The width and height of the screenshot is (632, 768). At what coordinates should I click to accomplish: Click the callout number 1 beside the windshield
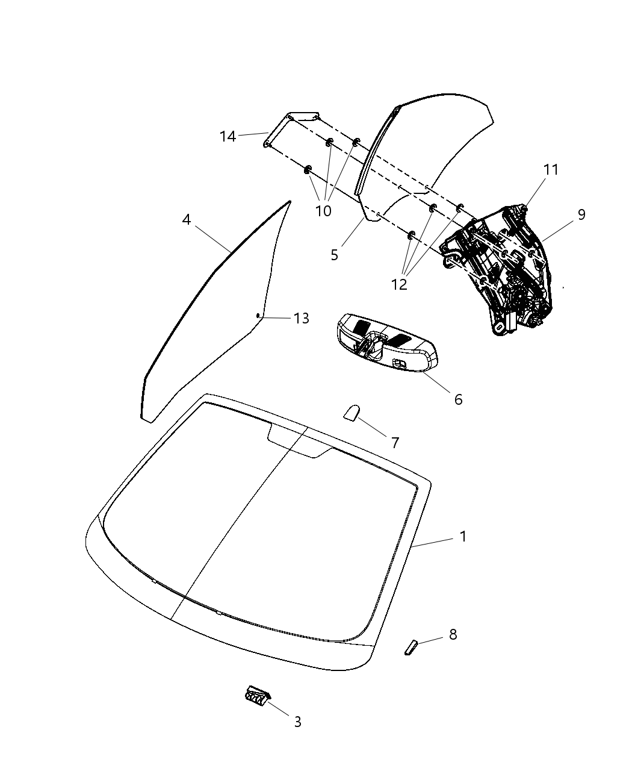pos(463,536)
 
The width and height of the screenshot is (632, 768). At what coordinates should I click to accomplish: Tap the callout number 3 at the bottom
pos(297,721)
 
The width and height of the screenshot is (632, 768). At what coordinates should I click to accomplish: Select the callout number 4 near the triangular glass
pos(187,220)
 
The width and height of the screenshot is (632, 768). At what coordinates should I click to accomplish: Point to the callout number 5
pos(335,255)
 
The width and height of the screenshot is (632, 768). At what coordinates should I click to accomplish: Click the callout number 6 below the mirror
pos(458,399)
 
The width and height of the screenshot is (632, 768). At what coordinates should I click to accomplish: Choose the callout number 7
pos(395,443)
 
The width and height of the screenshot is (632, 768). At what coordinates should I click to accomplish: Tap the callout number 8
pos(453,634)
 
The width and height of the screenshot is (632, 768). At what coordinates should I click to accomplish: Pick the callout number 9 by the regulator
pos(581,214)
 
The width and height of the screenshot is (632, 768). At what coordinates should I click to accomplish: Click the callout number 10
pos(323,211)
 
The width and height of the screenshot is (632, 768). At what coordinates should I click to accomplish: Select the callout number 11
pos(551,170)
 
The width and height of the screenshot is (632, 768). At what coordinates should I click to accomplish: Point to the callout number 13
pos(302,318)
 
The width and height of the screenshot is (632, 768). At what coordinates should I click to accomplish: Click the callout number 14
pos(228,137)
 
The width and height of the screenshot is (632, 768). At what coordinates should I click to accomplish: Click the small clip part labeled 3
pos(257,697)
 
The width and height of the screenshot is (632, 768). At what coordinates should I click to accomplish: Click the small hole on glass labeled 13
pos(258,315)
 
